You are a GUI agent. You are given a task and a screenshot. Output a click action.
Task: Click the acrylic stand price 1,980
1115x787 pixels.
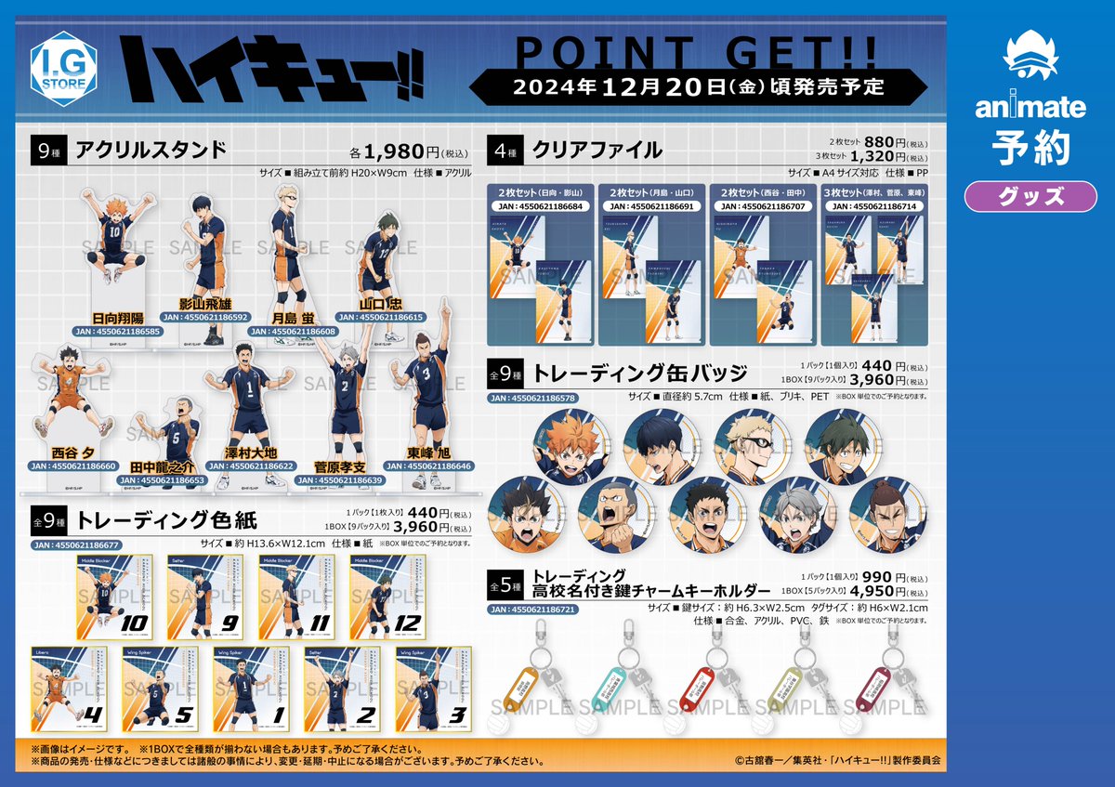(382, 152)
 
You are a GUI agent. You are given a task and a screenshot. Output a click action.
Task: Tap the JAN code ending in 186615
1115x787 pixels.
(380, 317)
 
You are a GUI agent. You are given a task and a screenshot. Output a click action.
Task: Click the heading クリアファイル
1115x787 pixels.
(597, 150)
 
